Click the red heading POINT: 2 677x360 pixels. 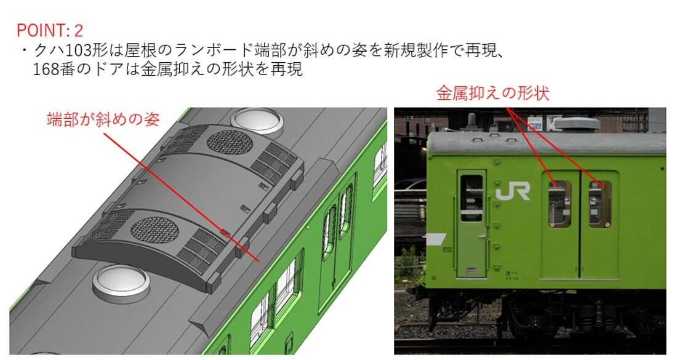pos(50,31)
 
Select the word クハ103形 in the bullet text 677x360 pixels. pos(68,50)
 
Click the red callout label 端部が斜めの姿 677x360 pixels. pos(103,119)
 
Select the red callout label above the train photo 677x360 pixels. pos(492,94)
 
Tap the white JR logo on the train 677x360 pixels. pos(513,191)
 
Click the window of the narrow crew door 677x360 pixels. pos(471,198)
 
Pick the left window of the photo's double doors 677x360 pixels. pos(560,204)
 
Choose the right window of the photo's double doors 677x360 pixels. pos(600,204)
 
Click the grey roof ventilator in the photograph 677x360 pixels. pos(577,124)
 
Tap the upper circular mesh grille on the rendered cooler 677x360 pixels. pos(230,142)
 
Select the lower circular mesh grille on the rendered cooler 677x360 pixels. pos(154,230)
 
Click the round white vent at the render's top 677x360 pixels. pos(257,120)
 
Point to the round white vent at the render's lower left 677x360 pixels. pos(121,282)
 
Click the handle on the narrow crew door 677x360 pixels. pos(482,236)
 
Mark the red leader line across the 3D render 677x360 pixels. pos(182,197)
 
